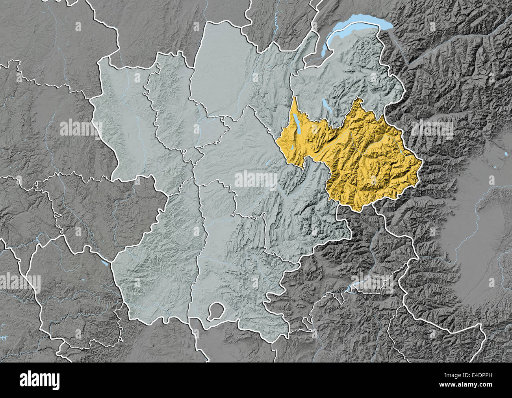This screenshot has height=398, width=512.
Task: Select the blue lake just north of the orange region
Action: coord(325,106)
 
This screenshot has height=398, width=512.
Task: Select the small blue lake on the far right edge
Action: coord(505,153)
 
